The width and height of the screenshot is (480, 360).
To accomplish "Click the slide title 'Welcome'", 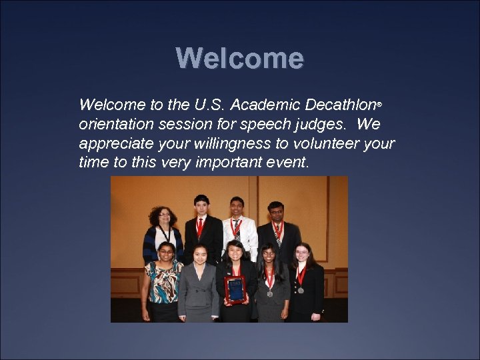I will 240,59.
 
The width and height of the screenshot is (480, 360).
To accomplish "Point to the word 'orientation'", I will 117,125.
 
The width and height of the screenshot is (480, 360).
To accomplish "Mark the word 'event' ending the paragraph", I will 288,162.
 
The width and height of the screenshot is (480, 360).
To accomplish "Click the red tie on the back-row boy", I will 201,229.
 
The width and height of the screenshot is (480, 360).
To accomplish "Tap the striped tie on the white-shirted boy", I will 235,228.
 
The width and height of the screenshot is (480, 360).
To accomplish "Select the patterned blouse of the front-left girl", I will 162,280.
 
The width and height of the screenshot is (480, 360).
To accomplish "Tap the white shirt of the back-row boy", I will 245,235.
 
